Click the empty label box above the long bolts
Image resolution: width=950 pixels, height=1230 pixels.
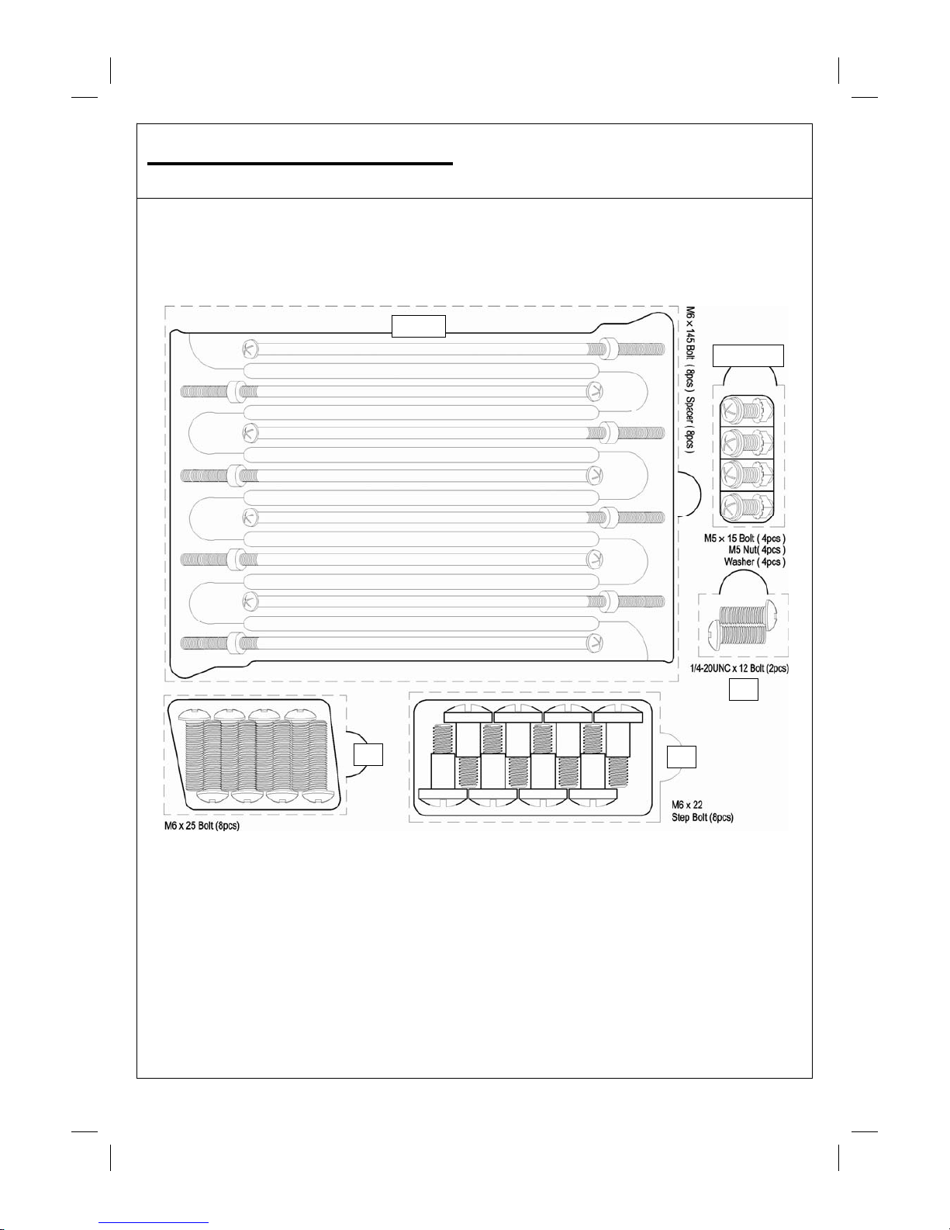(x=419, y=327)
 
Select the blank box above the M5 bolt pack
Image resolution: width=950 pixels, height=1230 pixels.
(x=748, y=355)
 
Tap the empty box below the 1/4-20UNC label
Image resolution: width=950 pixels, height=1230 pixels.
(x=744, y=690)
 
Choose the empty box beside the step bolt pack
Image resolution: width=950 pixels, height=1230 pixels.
(x=682, y=757)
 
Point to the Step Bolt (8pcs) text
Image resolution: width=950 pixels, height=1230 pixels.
(x=702, y=817)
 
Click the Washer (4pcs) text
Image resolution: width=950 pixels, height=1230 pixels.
(x=754, y=561)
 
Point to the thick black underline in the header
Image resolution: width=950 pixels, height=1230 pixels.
(x=300, y=164)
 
